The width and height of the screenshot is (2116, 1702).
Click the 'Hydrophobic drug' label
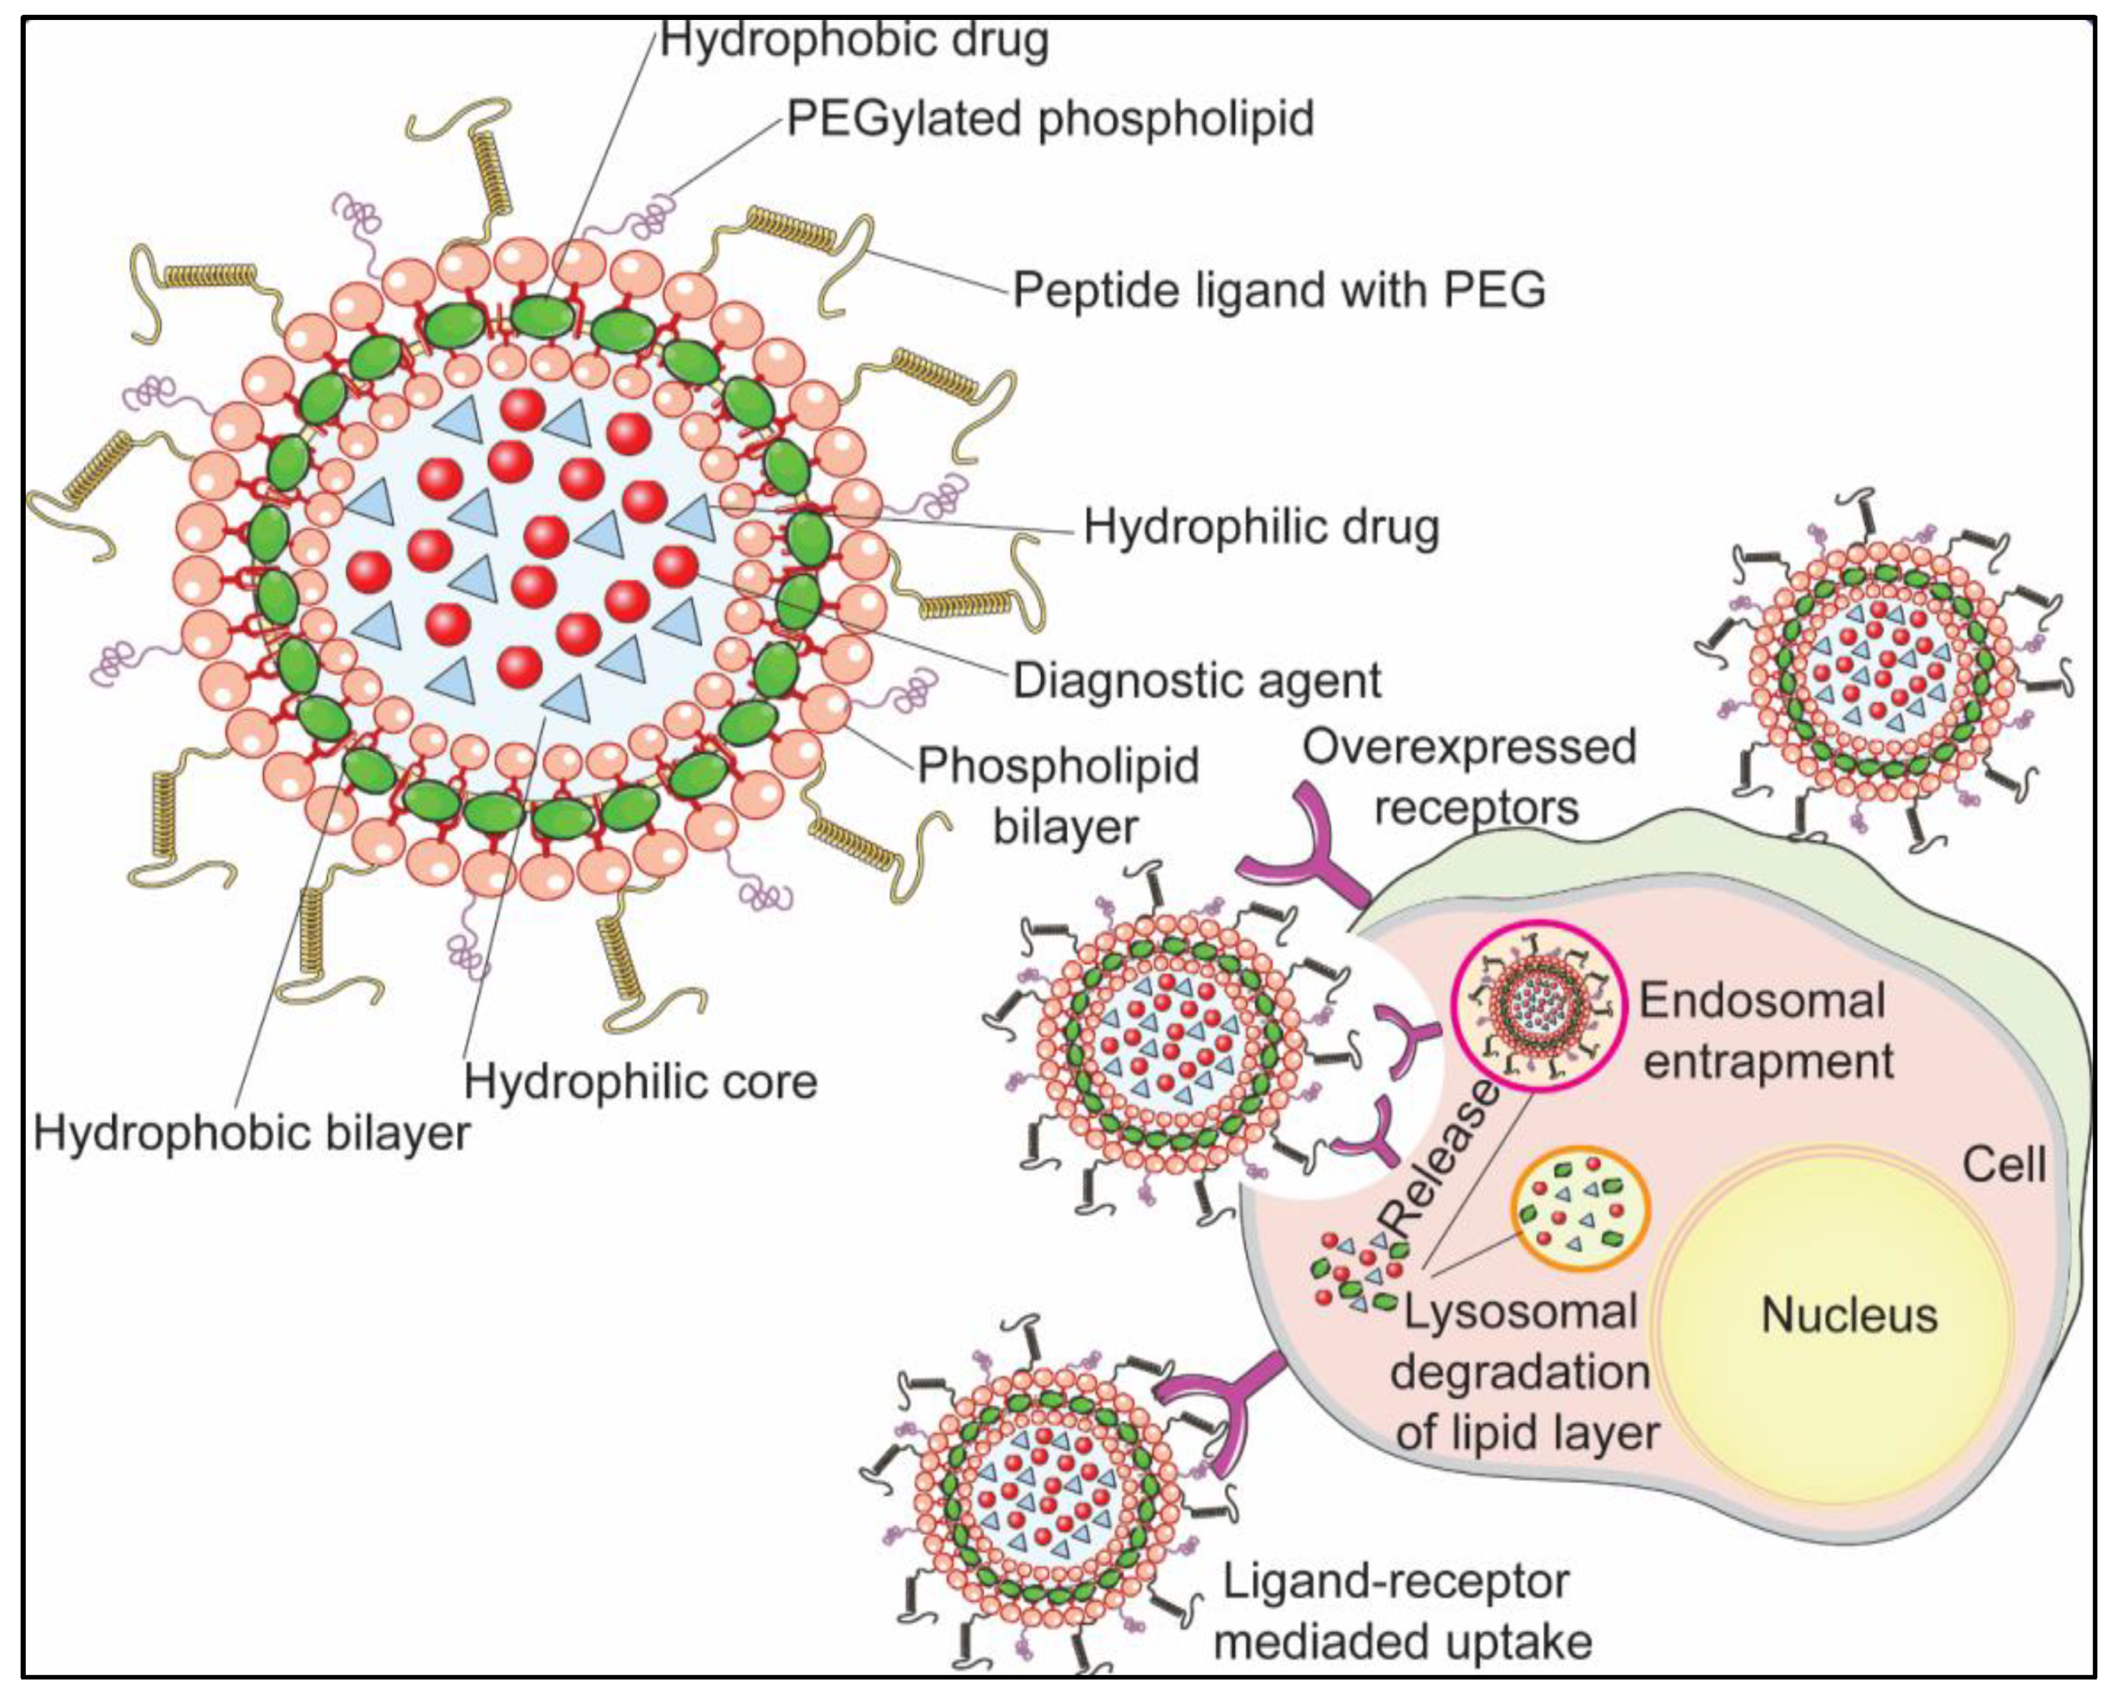[x=854, y=39]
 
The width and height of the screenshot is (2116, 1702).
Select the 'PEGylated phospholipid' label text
[x=1050, y=119]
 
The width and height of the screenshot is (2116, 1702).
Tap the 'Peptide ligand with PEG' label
[x=1278, y=290]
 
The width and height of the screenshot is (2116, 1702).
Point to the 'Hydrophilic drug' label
[x=1261, y=527]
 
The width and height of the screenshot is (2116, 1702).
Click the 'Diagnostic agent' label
[x=1196, y=680]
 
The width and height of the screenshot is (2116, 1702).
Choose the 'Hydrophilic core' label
[x=640, y=1082]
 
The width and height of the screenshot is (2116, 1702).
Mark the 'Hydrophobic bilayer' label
[x=251, y=1133]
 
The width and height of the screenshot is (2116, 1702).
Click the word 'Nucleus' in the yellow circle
[x=1849, y=1315]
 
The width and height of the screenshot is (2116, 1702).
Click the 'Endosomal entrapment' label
[x=1765, y=1030]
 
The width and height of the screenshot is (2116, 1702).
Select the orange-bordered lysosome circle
[x=1580, y=1209]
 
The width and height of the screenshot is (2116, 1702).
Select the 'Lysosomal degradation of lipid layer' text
[x=1523, y=1372]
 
